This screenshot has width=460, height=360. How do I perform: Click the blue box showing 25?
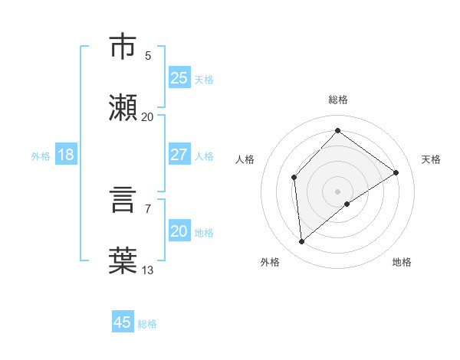179,77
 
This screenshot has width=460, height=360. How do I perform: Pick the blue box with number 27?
179,154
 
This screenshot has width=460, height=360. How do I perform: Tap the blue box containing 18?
66,154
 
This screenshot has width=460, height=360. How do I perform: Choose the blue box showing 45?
123,322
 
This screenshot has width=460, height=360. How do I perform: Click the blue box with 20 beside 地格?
179,231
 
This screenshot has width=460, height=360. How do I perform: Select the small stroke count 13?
148,270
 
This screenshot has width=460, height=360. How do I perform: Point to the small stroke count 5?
148,55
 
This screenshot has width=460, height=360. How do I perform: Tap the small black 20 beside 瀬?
148,116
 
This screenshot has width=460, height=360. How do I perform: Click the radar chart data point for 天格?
396,172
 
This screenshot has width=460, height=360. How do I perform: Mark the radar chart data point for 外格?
302,242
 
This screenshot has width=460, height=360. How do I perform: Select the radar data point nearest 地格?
347,204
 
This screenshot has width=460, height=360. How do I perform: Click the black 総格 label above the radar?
338,100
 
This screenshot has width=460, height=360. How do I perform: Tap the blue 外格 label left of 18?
41,155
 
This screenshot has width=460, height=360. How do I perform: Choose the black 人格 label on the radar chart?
245,159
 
